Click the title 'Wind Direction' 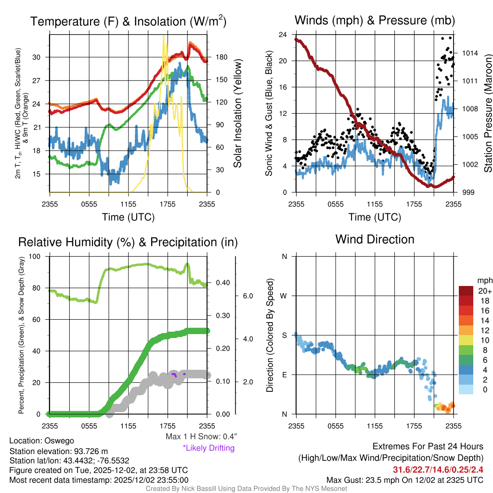375,239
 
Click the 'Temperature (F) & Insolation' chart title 128,22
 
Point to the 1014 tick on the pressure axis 470,53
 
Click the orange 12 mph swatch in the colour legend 467,330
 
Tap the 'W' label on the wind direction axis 284,296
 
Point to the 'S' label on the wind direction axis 284,335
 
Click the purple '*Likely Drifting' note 208,448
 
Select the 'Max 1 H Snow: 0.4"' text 201,437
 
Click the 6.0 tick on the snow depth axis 247,296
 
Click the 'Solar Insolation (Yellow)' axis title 238,114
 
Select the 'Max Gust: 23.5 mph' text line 404,480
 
